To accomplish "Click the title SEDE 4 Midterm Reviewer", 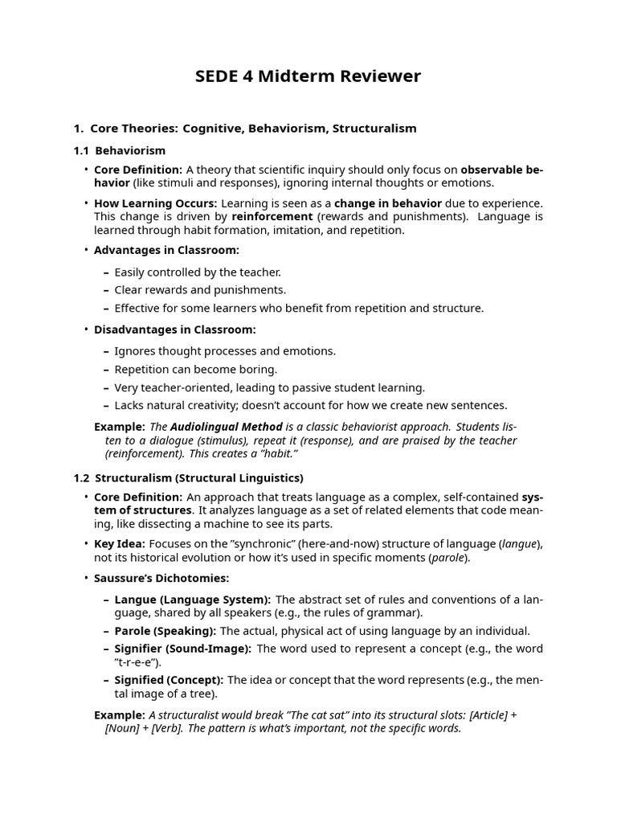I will [308, 76].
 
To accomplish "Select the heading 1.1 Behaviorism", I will [119, 150].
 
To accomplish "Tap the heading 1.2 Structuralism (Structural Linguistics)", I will [188, 477].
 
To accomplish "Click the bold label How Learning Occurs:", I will [155, 203].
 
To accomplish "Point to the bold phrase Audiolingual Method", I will [226, 427].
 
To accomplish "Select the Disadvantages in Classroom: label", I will [174, 330].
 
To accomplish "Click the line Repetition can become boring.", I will [195, 369].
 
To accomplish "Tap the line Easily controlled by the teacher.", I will [198, 272].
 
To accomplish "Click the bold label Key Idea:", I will [119, 544].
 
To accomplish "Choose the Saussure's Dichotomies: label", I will [161, 578].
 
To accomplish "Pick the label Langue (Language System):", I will [193, 600].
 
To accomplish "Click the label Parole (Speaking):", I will [165, 631].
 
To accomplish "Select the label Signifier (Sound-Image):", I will [183, 649].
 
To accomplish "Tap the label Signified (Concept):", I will [169, 680].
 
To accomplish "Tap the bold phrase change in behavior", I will [388, 203].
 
